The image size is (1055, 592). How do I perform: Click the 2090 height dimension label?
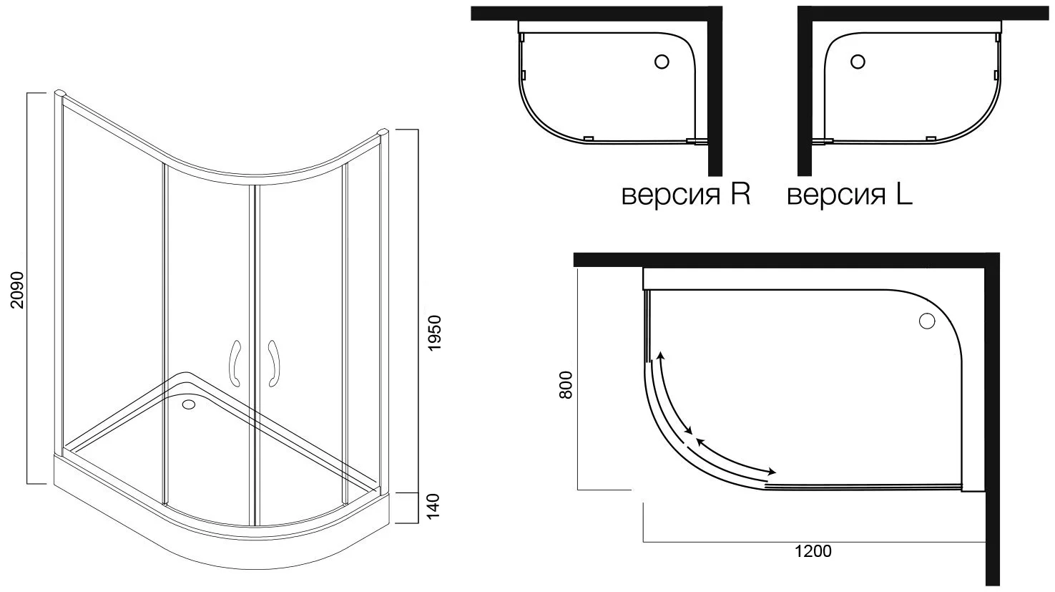17,289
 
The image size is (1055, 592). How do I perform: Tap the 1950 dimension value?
433,333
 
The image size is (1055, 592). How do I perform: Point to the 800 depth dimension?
565,384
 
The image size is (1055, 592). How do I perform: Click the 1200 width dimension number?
813,551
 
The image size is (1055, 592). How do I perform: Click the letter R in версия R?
740,195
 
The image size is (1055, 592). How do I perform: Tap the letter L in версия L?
904,195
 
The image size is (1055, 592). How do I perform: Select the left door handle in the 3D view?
234,363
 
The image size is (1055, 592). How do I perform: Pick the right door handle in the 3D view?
274,363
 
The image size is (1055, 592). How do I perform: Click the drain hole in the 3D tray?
189,404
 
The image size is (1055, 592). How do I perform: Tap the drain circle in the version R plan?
662,62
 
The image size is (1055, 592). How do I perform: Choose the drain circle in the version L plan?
858,62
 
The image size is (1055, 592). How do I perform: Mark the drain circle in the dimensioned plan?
927,321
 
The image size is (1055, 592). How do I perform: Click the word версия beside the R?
672,196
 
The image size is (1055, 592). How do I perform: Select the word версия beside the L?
837,196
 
